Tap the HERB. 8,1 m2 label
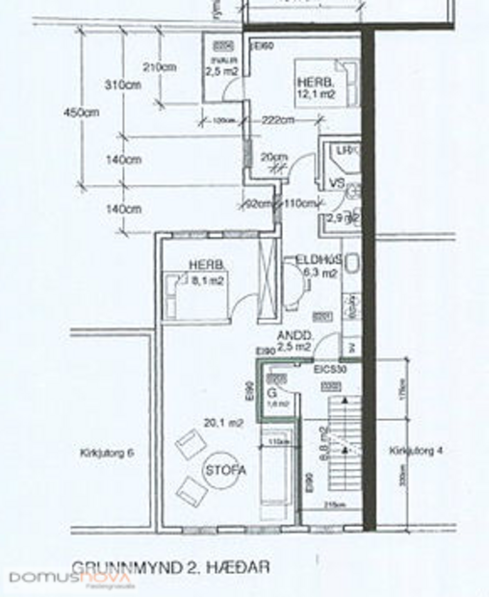207,273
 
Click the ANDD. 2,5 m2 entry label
294,340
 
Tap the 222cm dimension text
276,120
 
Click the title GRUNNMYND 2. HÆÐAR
168,568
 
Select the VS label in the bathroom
337,182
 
